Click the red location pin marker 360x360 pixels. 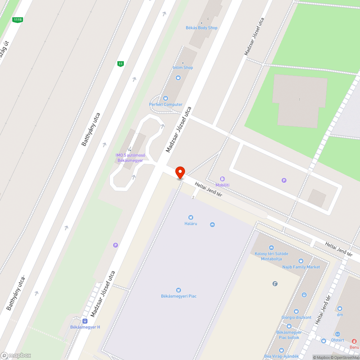point(180,172)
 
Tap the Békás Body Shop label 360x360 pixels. point(202,28)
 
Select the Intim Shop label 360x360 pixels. point(183,67)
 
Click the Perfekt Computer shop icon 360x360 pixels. point(166,98)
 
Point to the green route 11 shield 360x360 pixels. point(121,64)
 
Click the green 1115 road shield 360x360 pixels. point(17,20)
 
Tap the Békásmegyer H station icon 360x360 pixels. point(85,321)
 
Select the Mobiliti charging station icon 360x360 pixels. point(222,179)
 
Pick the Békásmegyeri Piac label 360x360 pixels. point(179,296)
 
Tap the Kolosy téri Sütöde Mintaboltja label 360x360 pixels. point(271,256)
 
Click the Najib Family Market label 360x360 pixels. point(301,267)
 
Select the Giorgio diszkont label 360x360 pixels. point(296,317)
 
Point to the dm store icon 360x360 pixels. point(339,309)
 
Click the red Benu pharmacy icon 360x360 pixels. point(354,341)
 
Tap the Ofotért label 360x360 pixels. point(337,340)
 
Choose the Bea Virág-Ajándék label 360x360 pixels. point(282,356)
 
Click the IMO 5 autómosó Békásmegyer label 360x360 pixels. point(130,158)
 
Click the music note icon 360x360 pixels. point(275,284)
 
